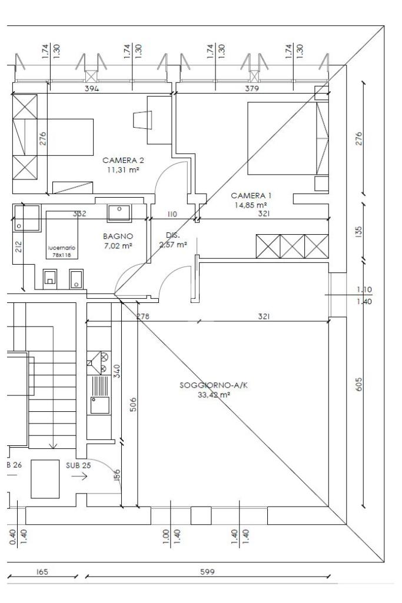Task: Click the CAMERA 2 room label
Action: [x=123, y=161]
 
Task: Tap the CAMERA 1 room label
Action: [x=251, y=196]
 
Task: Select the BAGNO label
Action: [x=118, y=236]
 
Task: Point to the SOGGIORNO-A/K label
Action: [x=214, y=385]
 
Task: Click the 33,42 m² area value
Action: [x=214, y=395]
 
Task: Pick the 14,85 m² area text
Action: [x=251, y=205]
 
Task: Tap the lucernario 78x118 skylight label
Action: [x=62, y=252]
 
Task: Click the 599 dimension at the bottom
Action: [x=207, y=572]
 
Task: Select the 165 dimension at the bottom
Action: [x=42, y=572]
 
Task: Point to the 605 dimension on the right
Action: [x=359, y=384]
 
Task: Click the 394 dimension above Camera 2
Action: [x=92, y=88]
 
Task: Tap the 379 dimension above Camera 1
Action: [x=252, y=88]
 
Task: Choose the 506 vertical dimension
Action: [x=132, y=405]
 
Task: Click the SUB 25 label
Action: [x=78, y=465]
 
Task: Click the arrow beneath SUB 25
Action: [x=79, y=477]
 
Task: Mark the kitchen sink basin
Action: [x=100, y=405]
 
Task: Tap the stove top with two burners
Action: [x=99, y=362]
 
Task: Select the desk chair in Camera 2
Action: [x=142, y=119]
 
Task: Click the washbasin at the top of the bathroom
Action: [x=119, y=212]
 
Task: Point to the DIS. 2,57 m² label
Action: [x=173, y=240]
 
